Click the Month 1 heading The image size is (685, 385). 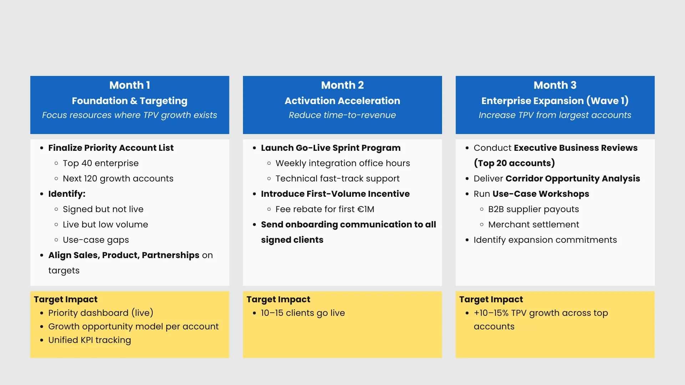pyautogui.click(x=130, y=85)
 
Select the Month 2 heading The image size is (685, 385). pyautogui.click(x=342, y=85)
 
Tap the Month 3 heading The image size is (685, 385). pyautogui.click(x=555, y=85)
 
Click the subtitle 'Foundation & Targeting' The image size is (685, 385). pyautogui.click(x=130, y=101)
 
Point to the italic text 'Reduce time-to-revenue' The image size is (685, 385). pyautogui.click(x=342, y=115)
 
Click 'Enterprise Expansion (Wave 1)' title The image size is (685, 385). pyautogui.click(x=555, y=101)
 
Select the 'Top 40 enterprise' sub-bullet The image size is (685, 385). pyautogui.click(x=101, y=163)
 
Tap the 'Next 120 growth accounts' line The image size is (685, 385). pyautogui.click(x=118, y=179)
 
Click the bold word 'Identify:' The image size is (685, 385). pyautogui.click(x=67, y=194)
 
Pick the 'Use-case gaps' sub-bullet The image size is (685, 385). pyautogui.click(x=96, y=240)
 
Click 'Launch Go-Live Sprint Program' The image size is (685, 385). pyautogui.click(x=331, y=148)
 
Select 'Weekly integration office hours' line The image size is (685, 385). pyautogui.click(x=343, y=163)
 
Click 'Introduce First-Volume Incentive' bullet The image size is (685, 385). pyautogui.click(x=335, y=194)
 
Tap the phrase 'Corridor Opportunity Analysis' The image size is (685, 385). pyautogui.click(x=573, y=179)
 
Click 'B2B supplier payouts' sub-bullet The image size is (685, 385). pyautogui.click(x=533, y=209)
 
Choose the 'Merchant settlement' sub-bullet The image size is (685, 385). pyautogui.click(x=533, y=225)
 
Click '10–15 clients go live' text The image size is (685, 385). pyautogui.click(x=303, y=313)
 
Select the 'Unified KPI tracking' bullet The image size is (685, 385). pyautogui.click(x=90, y=340)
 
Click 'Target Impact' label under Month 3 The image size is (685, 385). pyautogui.click(x=491, y=299)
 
